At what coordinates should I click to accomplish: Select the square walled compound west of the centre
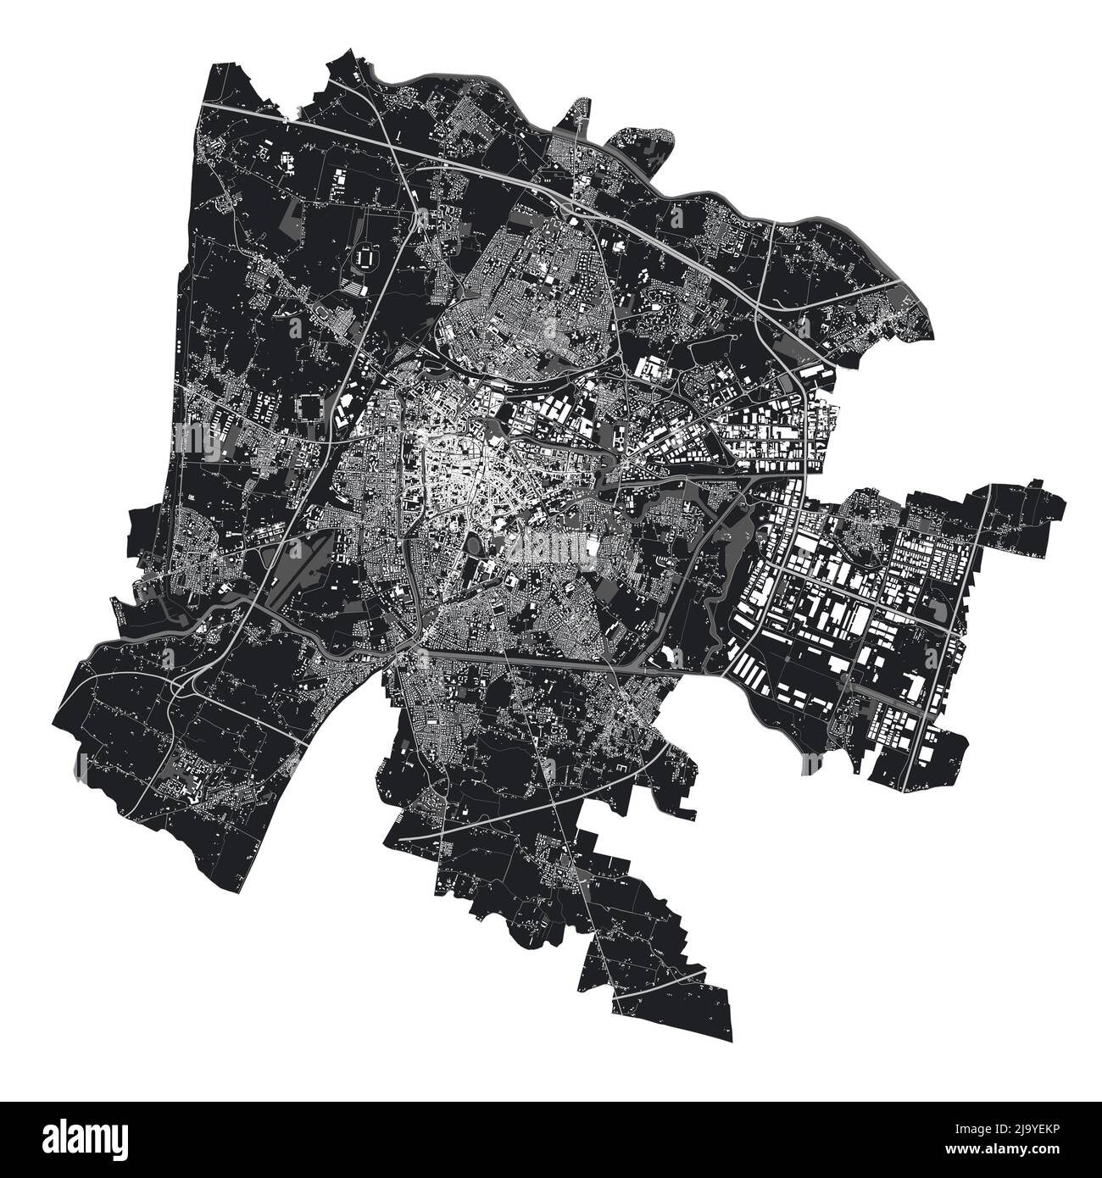click(310, 408)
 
